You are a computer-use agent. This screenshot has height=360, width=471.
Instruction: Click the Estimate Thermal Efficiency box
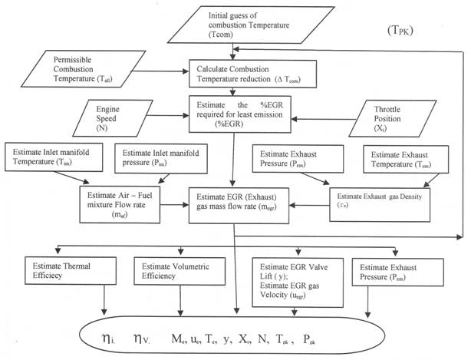pyautogui.click(x=61, y=272)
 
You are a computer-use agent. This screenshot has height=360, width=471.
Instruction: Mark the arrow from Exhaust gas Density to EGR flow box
pyautogui.click(x=307, y=206)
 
